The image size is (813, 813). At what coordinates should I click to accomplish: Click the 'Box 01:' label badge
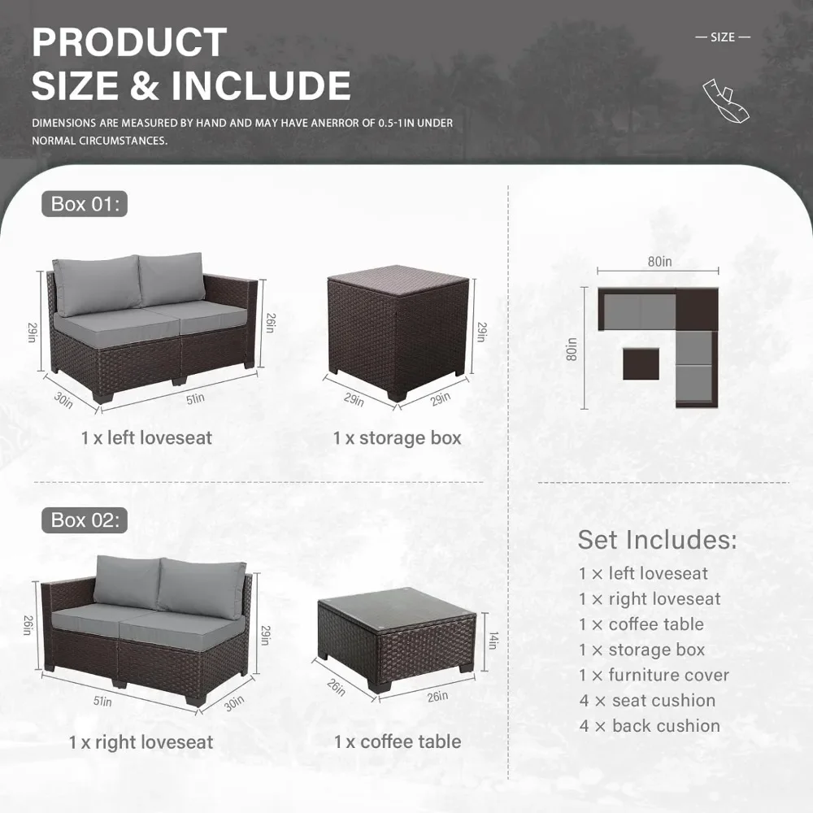[85, 204]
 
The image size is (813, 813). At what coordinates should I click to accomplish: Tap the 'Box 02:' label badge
[85, 520]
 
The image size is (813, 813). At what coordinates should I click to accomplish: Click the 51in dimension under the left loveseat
[195, 398]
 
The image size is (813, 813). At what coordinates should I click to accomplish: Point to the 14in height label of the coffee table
[493, 641]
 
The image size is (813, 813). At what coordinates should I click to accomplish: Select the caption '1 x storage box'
[398, 438]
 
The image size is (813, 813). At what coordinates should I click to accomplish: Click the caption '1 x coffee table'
[398, 741]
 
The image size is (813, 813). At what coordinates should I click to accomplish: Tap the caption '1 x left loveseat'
[146, 438]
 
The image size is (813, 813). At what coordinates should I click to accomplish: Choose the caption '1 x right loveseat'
[141, 742]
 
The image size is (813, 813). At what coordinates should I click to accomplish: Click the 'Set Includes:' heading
[657, 540]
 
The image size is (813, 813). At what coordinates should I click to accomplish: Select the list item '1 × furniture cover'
[654, 675]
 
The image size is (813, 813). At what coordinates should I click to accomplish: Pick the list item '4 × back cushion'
[650, 726]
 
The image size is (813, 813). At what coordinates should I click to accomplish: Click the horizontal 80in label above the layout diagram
[659, 262]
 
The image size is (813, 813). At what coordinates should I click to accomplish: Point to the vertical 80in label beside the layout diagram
[571, 350]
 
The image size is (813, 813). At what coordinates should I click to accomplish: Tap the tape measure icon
[726, 101]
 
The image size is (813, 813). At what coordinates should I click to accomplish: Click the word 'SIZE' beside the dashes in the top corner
[723, 37]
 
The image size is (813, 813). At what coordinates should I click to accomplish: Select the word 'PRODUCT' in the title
[129, 42]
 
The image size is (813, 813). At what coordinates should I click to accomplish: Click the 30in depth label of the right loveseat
[234, 703]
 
